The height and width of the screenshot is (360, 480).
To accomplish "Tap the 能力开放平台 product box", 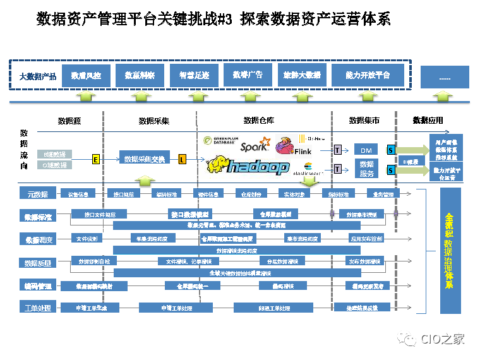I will click(x=367, y=76).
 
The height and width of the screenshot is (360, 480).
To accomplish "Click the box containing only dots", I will click(x=445, y=77).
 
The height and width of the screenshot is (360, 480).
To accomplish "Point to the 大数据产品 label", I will click(x=38, y=76).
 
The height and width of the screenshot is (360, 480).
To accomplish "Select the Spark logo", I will click(x=255, y=147).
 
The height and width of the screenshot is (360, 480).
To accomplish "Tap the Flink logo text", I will click(x=303, y=152).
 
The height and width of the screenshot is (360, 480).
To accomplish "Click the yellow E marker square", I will click(x=96, y=159).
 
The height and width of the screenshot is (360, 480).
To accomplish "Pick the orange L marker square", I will click(x=183, y=159).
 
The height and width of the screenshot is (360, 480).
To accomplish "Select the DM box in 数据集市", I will click(x=366, y=150).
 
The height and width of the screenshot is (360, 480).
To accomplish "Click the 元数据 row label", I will click(x=38, y=193).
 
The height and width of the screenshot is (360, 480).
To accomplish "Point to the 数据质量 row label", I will click(x=38, y=263).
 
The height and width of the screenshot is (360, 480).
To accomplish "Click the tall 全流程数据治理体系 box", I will click(x=450, y=249).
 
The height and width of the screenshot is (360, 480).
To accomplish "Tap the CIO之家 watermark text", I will click(x=443, y=339).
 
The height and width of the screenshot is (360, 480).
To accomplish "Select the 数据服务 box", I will click(x=366, y=169).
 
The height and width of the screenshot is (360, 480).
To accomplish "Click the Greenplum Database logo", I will click(x=220, y=140).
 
